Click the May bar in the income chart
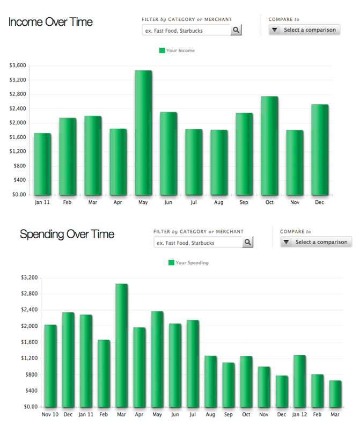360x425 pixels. pos(143,133)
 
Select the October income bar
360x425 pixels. pos(269,145)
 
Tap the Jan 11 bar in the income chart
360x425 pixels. pos(42,164)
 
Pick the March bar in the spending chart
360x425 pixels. pos(121,345)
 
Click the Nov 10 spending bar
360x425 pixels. pos(50,365)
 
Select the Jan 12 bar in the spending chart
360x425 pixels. pos(299,380)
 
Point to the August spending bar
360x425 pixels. pos(210,381)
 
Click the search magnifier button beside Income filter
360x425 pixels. pos(236,30)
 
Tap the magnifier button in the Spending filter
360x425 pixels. pos(247,243)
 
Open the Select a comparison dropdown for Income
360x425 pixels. pos(304,30)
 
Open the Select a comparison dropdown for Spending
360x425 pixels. pos(316,242)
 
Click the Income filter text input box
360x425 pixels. pos(186,31)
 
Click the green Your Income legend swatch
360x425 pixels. pos(162,50)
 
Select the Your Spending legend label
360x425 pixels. pos(192,263)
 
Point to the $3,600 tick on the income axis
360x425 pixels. pos(18,65)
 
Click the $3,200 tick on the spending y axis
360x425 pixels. pos(29,278)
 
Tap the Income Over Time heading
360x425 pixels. pos(50,22)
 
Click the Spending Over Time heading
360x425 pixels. pos(67,235)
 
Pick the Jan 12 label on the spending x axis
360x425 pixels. pos(299,414)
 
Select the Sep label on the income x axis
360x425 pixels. pos(244,202)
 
